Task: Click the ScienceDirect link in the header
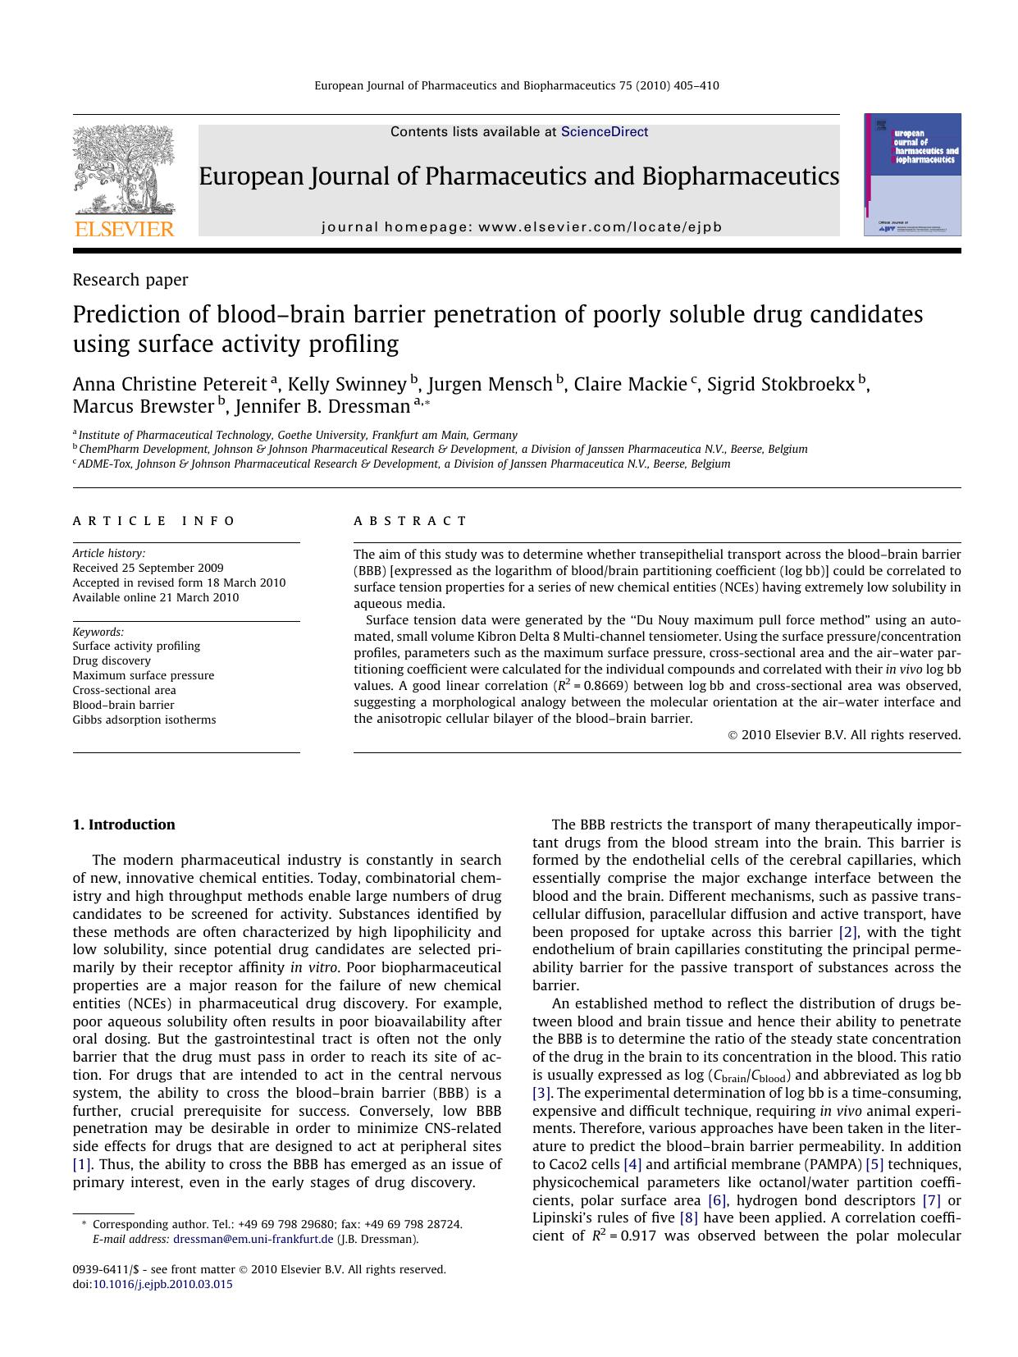[604, 132]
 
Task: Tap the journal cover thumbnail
[911, 175]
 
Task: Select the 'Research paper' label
[130, 280]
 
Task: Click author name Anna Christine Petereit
[170, 384]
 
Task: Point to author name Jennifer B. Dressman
[322, 407]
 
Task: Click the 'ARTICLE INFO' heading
[153, 521]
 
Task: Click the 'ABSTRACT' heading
[410, 521]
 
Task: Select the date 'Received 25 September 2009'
[148, 568]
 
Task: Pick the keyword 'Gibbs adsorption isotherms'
[144, 720]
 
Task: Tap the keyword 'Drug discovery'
[112, 660]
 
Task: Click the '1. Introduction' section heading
[124, 825]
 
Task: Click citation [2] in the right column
[847, 932]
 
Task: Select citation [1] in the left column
[82, 1164]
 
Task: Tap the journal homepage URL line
[522, 227]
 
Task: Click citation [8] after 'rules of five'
[688, 1218]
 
